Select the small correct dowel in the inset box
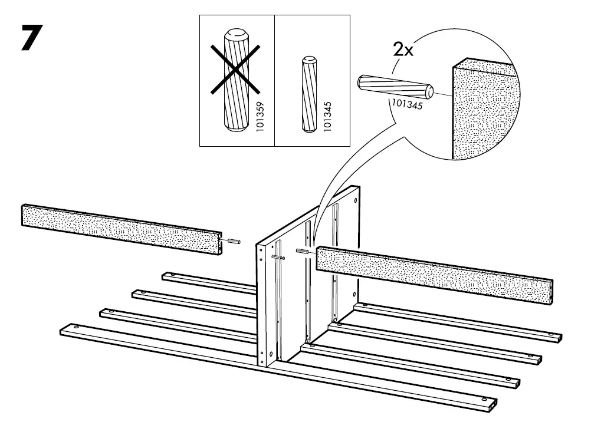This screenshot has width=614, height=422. (x=308, y=94)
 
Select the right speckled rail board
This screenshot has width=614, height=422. (x=434, y=272)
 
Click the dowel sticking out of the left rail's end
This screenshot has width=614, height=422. (x=232, y=242)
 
